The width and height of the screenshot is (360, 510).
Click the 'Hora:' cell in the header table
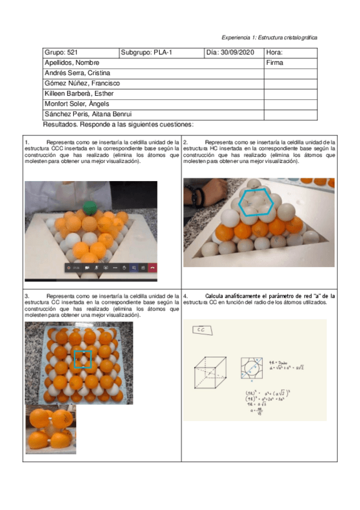pos(273,53)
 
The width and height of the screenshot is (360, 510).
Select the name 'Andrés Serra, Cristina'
pos(77,73)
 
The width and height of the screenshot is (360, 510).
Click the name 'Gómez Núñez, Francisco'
pos(82,83)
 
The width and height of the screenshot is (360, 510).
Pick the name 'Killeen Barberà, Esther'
pos(79,93)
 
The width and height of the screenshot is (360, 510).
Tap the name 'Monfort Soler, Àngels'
pos(76,103)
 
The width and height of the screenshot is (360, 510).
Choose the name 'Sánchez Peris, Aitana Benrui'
pos(88,114)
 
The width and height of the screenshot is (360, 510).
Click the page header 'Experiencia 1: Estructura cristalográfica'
pos(269,37)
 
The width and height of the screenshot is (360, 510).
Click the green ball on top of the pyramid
pos(90,207)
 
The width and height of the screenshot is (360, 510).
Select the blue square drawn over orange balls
pos(82,359)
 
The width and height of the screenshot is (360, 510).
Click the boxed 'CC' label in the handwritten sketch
pos(200,330)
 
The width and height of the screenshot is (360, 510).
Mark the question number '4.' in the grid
pos(186,296)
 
